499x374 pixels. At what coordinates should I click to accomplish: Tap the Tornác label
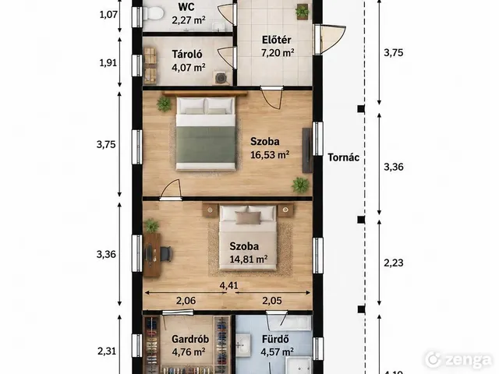344,157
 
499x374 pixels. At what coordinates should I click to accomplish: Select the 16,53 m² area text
270,155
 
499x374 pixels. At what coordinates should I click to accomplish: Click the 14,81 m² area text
249,259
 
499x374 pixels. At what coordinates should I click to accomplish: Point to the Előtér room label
277,40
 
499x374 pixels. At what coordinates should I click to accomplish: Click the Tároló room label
187,54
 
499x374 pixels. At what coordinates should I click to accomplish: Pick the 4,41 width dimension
228,285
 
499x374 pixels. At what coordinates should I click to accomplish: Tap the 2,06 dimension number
186,301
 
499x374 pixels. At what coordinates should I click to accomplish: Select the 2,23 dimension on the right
394,263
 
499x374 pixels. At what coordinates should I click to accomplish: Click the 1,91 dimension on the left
108,63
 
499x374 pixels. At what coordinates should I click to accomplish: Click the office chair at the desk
166,254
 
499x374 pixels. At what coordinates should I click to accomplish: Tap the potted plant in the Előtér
302,12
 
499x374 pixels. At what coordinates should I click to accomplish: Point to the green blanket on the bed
206,143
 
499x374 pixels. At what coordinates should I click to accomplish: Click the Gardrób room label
190,339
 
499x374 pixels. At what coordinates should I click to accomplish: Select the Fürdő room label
275,339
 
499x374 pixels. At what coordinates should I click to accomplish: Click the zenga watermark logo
458,360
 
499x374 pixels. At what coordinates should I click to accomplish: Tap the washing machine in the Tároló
221,78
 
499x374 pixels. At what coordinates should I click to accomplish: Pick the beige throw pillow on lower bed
248,218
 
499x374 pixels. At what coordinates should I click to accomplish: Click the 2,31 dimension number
107,351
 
